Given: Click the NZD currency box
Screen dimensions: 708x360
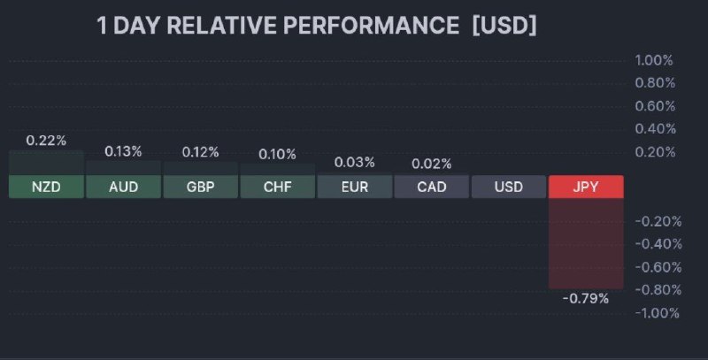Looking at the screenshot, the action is (46, 187).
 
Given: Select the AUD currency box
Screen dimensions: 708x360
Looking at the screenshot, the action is (123, 187).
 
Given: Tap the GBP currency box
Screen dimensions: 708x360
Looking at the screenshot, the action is (201, 187).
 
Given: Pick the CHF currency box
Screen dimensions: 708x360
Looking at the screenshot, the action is (278, 187).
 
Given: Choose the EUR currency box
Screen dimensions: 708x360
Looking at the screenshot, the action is (355, 187).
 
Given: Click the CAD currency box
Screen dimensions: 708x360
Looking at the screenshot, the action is (432, 187).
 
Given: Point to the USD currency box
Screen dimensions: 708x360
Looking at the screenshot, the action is (509, 187).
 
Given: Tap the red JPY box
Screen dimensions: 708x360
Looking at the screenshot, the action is (586, 187).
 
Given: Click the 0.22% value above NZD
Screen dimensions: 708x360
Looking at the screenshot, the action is (46, 141).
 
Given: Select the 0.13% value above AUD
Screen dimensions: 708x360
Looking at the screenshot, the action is (123, 151).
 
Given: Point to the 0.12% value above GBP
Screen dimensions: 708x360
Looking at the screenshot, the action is (201, 152).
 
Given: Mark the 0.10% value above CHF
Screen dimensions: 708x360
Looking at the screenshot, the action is (278, 154).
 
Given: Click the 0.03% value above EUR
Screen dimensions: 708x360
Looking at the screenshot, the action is (355, 162).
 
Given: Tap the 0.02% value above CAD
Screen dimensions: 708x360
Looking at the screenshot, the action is (432, 164).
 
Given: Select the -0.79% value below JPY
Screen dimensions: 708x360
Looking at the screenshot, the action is (586, 298).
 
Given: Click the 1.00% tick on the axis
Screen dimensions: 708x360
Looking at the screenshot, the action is (654, 60).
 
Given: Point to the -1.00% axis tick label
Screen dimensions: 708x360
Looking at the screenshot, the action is (658, 312).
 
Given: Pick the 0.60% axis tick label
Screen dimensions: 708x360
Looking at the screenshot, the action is (655, 106).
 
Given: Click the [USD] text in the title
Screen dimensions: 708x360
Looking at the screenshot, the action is (504, 25).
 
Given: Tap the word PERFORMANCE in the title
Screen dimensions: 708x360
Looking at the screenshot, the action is (371, 25).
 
